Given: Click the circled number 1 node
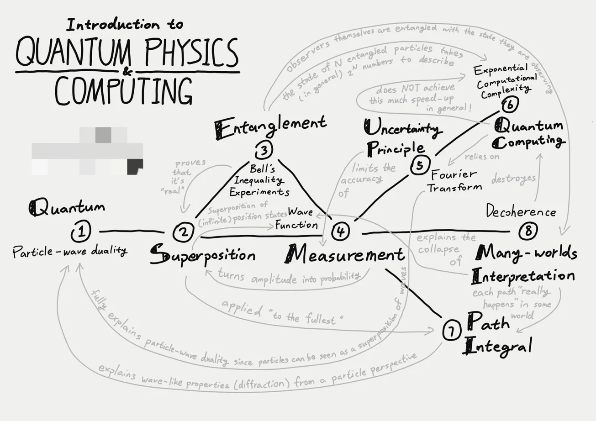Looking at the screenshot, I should click(x=81, y=232).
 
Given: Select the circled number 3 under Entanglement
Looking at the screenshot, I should click(x=264, y=150).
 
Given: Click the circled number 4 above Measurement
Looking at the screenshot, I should click(x=340, y=232).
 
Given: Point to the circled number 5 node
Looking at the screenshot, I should click(x=419, y=165).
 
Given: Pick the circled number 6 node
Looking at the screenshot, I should click(x=509, y=105).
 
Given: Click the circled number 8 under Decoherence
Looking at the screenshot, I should click(x=528, y=231).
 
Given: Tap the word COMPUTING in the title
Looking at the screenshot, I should click(x=123, y=91).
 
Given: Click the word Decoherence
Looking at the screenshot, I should click(x=521, y=211).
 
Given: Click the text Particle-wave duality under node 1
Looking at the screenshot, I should click(x=69, y=251).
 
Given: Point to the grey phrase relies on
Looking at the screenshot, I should click(x=482, y=157).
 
